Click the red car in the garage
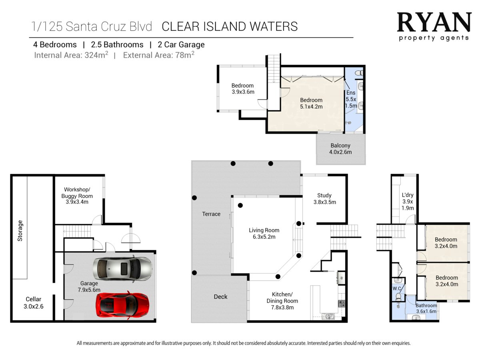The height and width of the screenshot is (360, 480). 123,305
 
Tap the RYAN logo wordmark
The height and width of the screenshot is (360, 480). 434,22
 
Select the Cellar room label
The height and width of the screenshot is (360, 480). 34,302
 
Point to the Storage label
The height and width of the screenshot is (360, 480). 20,231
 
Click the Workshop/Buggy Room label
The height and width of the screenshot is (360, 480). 77,196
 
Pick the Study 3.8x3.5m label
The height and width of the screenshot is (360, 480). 324,199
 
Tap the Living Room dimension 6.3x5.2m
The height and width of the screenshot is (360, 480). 264,237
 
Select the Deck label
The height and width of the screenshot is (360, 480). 220,297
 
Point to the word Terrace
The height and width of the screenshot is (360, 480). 211,214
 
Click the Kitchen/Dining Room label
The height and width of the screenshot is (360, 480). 282,301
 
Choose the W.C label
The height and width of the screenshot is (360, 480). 397,288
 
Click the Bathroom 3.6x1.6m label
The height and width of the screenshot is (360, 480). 426,308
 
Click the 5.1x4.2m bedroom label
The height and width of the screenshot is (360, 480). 311,103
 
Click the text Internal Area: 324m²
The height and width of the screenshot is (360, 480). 71,55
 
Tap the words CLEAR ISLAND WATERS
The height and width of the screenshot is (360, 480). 230,26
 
